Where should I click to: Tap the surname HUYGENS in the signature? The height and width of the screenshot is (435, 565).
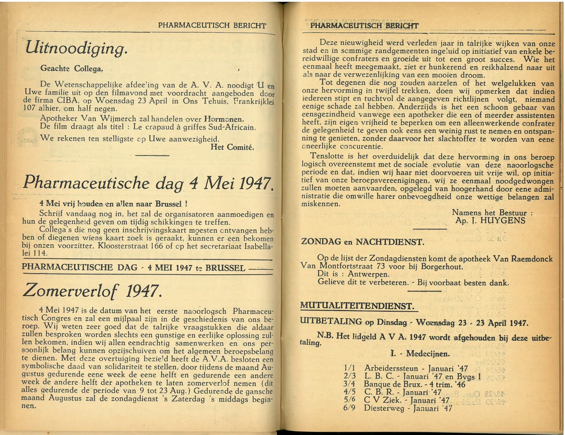[x=502, y=221]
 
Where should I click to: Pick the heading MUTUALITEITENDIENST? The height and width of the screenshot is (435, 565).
[x=357, y=306]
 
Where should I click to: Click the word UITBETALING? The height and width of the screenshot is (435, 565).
[x=331, y=322]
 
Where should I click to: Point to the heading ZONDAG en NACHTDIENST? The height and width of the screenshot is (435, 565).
[x=362, y=242]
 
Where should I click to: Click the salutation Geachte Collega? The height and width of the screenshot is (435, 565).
[x=72, y=68]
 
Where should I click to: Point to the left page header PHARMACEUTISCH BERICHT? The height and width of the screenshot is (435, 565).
[x=212, y=25]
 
